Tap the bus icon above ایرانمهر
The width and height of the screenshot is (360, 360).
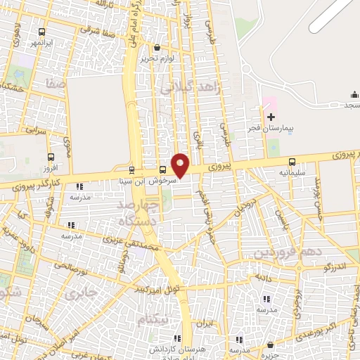42,32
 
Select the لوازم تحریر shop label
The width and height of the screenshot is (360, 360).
156,59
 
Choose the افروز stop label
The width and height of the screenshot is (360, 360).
49,169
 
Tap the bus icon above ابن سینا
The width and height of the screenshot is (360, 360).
131,169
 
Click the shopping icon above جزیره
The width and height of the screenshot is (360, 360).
270,345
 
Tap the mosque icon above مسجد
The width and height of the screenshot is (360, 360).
353,96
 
